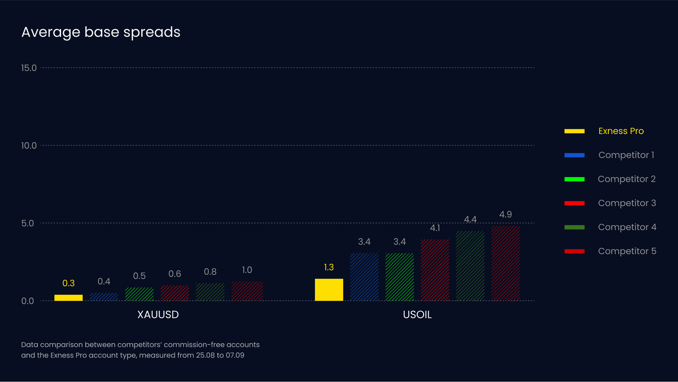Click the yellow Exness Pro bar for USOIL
tap(329, 290)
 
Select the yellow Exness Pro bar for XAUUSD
tap(69, 298)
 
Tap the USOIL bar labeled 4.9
tap(505, 263)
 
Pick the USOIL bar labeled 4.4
tap(470, 266)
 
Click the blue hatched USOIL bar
tap(364, 277)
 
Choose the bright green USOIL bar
tap(399, 277)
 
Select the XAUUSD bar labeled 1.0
tap(247, 291)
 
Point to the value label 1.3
tap(329, 268)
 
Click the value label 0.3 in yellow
tap(69, 283)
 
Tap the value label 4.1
tap(435, 228)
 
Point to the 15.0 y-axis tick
tap(29, 68)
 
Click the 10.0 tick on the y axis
tap(29, 146)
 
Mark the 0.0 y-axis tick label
tap(28, 301)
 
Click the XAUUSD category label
tap(158, 315)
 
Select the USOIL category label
tap(417, 315)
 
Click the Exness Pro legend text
tap(621, 131)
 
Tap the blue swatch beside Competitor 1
tap(574, 155)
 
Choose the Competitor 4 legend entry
tap(627, 227)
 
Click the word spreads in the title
tap(151, 33)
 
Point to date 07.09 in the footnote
tap(235, 355)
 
